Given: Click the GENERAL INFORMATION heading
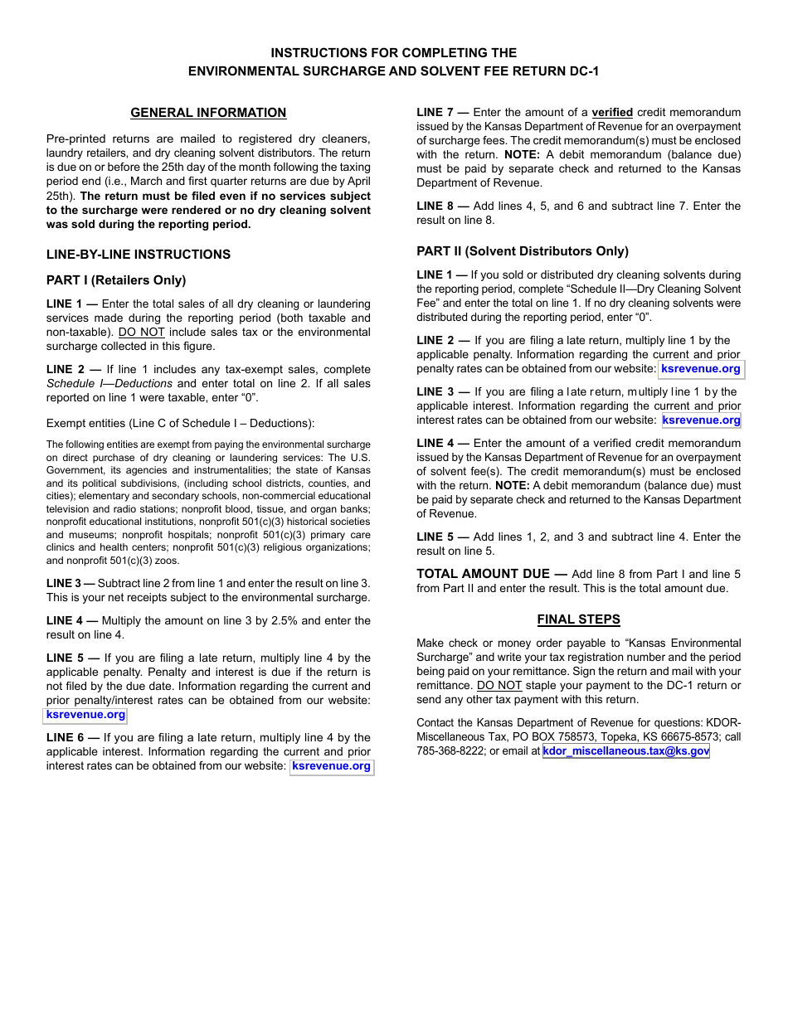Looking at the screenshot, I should click(208, 113).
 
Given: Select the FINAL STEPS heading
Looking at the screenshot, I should click(578, 619).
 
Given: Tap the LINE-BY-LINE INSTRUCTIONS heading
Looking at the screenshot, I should click(139, 255).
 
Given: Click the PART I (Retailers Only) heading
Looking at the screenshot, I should click(116, 280).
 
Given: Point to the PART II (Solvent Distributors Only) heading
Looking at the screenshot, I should click(523, 251).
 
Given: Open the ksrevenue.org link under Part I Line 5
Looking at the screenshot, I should click(86, 715).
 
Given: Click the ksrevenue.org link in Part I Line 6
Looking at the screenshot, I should click(332, 766).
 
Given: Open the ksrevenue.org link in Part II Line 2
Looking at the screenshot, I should click(701, 369).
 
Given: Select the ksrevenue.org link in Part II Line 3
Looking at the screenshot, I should click(701, 420).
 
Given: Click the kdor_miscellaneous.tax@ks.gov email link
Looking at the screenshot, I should click(626, 751).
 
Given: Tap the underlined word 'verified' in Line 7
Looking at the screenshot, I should click(612, 113).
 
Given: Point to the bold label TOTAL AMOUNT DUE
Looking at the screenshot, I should click(483, 574).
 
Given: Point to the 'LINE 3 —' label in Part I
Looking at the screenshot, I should click(71, 584).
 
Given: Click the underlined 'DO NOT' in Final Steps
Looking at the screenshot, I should click(499, 686).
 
